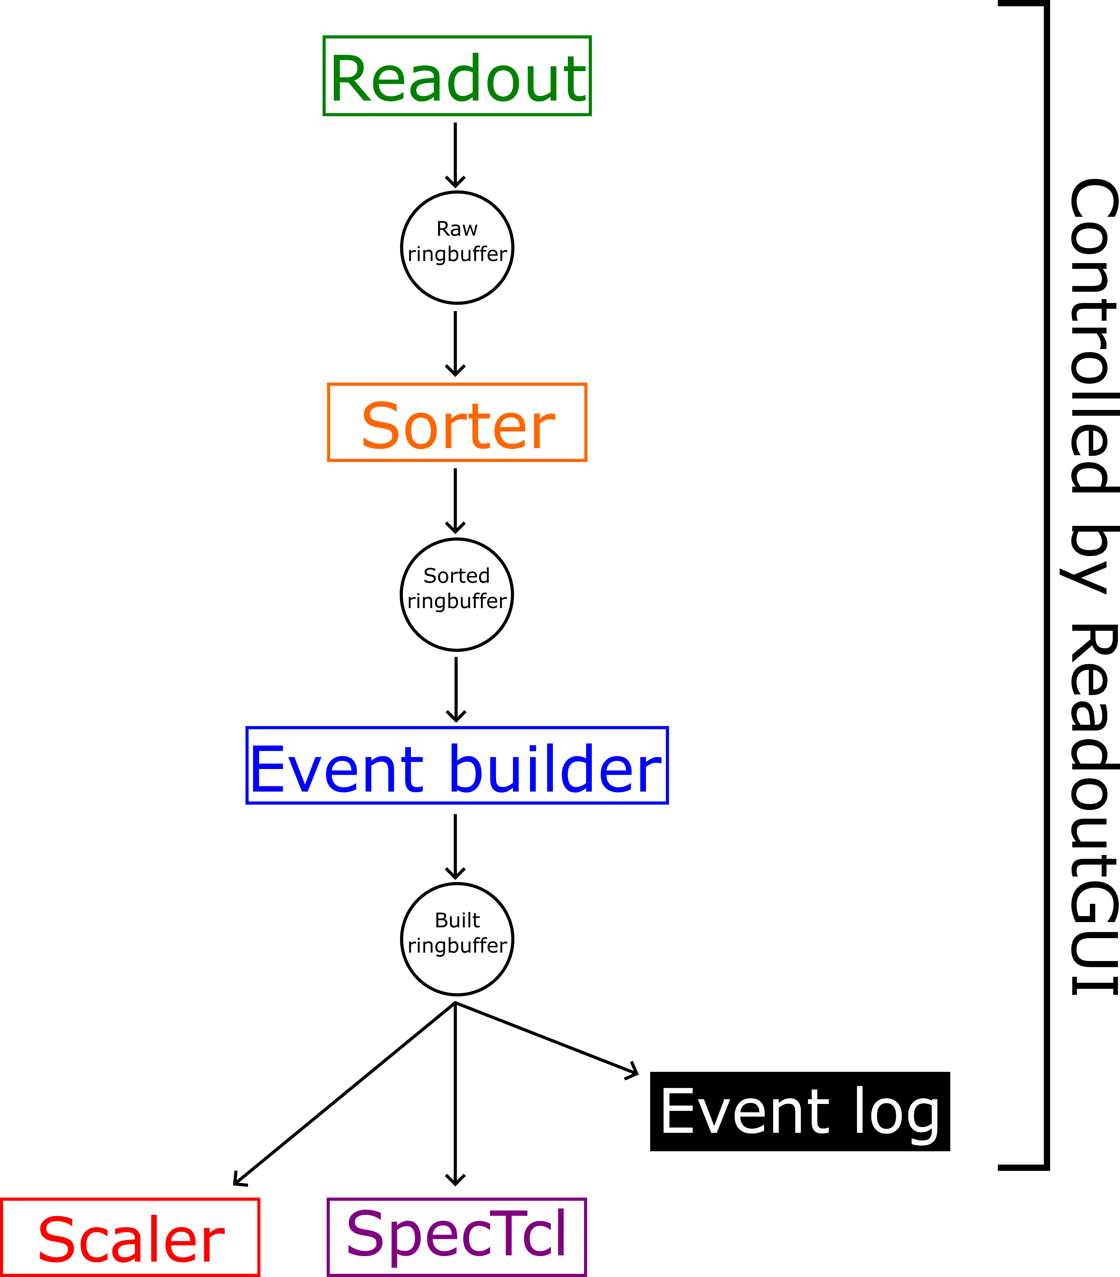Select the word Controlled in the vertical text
point(1093,337)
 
